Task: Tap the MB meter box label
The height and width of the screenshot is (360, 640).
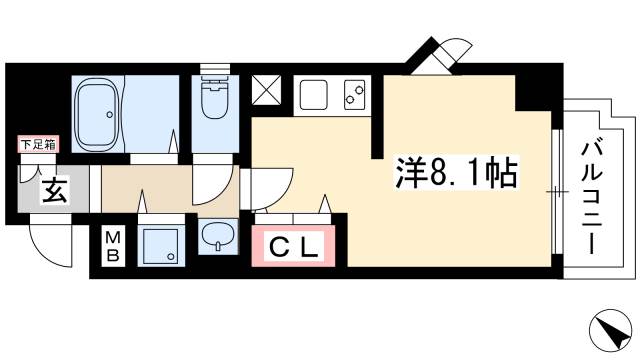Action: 115,246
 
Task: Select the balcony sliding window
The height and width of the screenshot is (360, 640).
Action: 556,189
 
